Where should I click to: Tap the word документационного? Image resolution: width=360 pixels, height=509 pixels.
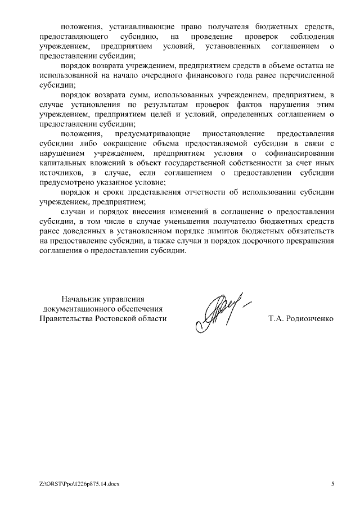[x=103, y=309]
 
